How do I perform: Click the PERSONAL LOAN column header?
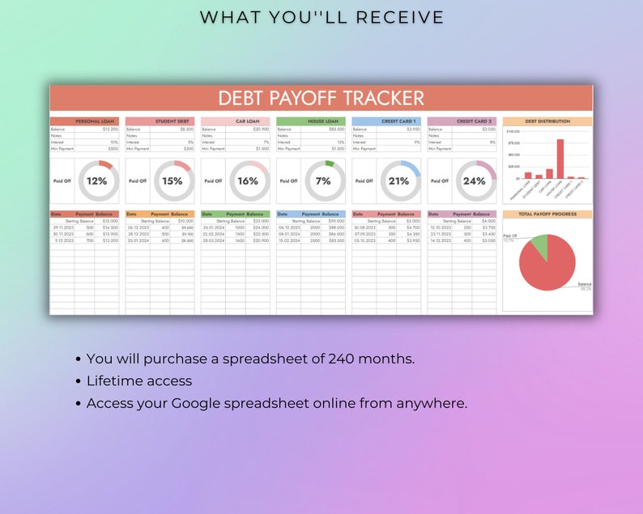[x=95, y=121]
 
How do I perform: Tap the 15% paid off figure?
[x=172, y=181]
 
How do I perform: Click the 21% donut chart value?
[x=398, y=181]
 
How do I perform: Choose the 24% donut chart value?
[x=474, y=181]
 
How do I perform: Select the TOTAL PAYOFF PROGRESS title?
[x=547, y=215]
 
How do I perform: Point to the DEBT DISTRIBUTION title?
[x=547, y=121]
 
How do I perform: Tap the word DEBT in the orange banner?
[x=242, y=99]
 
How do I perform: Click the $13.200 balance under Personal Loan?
[x=109, y=130]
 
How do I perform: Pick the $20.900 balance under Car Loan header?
[x=260, y=130]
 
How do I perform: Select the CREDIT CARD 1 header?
[x=398, y=121]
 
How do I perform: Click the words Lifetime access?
[x=139, y=380]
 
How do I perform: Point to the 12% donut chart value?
[x=97, y=181]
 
